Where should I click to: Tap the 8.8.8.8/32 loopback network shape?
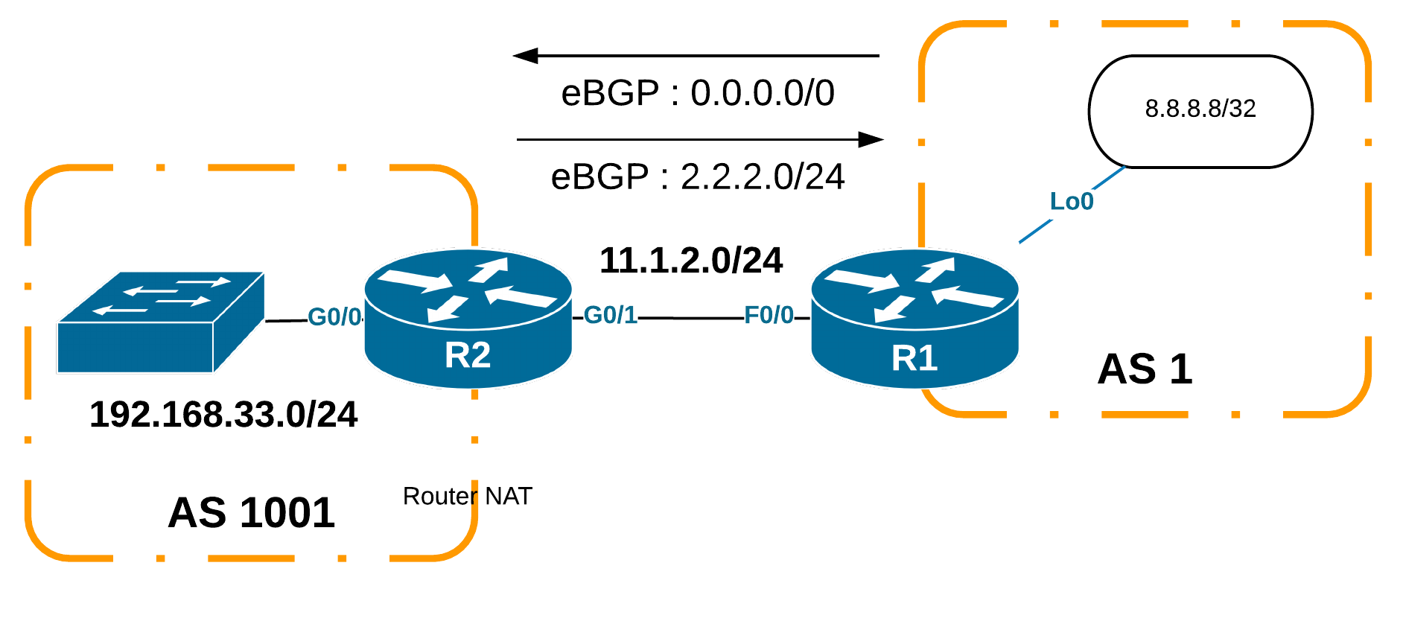[1200, 111]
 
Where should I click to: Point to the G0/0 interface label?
[334, 316]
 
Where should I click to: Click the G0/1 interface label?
[611, 315]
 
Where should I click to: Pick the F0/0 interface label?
[769, 315]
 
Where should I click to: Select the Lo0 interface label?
[1072, 201]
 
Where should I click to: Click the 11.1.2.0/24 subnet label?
[691, 261]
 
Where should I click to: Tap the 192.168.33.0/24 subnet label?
[223, 415]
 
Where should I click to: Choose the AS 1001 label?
[252, 513]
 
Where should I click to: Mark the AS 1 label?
[1145, 369]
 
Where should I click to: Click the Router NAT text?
[468, 496]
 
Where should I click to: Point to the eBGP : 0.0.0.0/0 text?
[698, 93]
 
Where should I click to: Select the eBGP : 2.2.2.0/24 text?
[698, 177]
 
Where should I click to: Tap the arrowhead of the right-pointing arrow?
[871, 139]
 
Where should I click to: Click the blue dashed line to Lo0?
[1035, 232]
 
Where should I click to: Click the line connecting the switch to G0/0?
[286, 320]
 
